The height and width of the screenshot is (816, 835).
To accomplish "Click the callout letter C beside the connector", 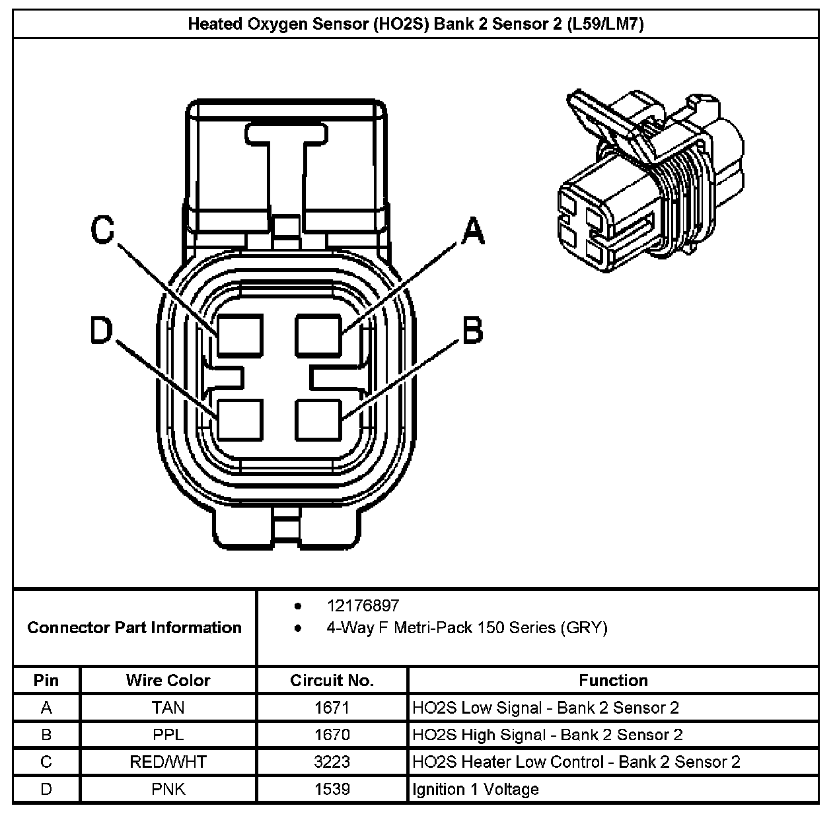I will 102,230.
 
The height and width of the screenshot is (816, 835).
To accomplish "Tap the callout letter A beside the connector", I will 473,232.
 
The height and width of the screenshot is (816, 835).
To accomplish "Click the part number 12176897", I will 363,605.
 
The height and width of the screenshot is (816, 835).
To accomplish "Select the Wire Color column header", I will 168,680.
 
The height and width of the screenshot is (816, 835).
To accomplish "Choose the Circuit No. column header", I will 332,680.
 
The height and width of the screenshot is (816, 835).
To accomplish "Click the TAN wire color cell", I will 168,708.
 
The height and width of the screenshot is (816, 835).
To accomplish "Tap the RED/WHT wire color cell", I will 168,762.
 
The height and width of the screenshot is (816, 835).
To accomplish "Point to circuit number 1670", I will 332,735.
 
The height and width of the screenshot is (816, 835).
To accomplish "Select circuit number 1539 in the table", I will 332,789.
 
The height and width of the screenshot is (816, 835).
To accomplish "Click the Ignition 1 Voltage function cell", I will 476,789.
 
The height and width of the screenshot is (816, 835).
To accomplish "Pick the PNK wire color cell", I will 168,789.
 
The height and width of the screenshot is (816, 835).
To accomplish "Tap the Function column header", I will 613,680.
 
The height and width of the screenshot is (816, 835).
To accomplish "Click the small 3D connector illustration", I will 651,182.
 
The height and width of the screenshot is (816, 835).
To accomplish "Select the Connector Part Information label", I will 134,627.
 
